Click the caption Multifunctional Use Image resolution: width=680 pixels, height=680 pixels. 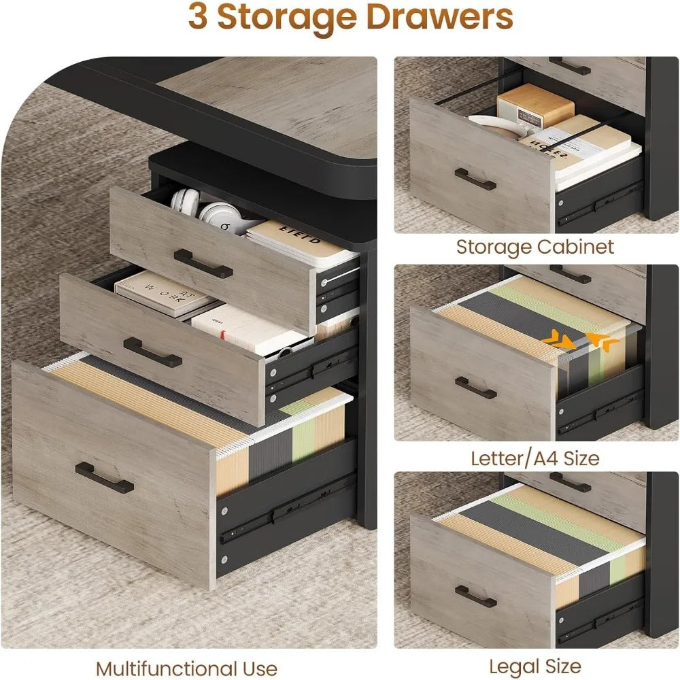(x=186, y=668)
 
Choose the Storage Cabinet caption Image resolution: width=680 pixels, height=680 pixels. (x=535, y=246)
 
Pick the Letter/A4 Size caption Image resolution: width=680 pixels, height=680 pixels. (x=535, y=458)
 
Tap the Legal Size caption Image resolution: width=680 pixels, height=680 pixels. (x=535, y=666)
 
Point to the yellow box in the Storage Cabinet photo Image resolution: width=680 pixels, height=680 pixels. (x=535, y=105)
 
